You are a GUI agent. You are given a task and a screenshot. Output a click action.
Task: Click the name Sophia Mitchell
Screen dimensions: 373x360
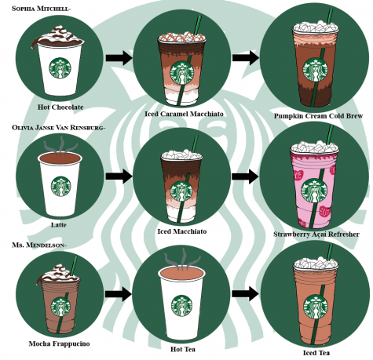40,9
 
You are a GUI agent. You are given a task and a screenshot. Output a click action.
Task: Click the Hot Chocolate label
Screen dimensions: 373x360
60,107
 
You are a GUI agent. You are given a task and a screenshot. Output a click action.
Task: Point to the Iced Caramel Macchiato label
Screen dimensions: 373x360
184,114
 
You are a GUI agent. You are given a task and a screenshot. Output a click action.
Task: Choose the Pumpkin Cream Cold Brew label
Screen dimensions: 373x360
318,116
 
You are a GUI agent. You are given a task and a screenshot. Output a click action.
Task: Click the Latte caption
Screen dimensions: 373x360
59,225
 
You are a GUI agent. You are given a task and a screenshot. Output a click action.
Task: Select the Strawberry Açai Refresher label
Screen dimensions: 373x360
316,235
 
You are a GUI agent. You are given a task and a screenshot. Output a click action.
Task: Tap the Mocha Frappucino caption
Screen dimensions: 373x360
59,344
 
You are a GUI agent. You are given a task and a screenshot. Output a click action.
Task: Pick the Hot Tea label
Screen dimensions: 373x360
183,349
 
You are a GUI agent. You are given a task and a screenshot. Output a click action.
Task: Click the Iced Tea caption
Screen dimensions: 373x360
316,353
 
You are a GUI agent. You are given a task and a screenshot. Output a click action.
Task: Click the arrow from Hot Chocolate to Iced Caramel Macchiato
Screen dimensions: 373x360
119,58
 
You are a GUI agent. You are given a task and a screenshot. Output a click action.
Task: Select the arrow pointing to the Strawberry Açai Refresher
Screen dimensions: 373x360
245,176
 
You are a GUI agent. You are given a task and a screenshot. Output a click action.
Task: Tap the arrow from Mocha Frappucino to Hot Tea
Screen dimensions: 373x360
119,294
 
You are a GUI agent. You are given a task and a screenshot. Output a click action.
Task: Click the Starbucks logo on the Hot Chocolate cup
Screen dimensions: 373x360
60,68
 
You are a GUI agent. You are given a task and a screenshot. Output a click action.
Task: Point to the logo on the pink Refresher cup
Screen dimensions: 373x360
314,191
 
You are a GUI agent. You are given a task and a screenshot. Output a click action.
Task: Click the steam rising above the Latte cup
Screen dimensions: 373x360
60,144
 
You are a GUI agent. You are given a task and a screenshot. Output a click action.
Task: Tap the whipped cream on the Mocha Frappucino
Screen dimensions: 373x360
58,274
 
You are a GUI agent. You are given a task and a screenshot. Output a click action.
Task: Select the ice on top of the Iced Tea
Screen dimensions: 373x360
316,264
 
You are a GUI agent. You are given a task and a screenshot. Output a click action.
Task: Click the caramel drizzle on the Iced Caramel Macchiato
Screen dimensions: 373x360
182,38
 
